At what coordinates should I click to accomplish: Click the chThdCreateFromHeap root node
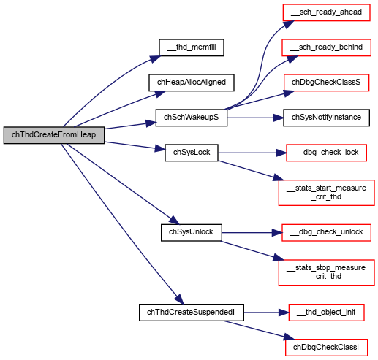point(54,135)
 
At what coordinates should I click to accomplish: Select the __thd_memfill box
point(192,47)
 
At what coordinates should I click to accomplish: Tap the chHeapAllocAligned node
point(192,83)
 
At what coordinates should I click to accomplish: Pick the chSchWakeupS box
point(192,118)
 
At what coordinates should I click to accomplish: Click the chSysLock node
point(192,153)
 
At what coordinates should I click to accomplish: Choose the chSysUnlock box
point(192,232)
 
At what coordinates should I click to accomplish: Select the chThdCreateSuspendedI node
point(192,313)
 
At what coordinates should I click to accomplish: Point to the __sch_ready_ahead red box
point(326,12)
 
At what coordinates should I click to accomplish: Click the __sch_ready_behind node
point(326,47)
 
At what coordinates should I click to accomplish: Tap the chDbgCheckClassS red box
point(326,83)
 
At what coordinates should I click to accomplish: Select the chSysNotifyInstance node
point(326,118)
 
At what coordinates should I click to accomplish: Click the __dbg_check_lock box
point(326,153)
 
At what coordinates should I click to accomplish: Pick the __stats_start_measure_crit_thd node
point(326,193)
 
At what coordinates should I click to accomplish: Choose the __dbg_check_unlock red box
point(326,232)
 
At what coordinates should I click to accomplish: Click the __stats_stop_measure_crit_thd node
point(326,272)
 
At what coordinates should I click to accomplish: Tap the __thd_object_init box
point(326,313)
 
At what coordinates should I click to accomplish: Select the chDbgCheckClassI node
point(326,348)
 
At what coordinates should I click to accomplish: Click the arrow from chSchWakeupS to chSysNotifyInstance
point(255,118)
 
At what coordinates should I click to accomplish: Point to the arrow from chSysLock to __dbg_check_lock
point(252,153)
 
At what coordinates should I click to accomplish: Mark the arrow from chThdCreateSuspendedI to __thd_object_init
point(266,313)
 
